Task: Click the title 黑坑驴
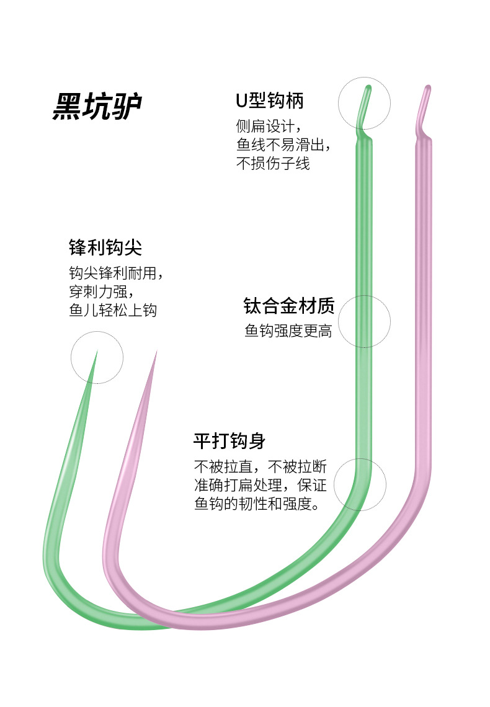point(97,106)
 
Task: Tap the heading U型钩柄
point(270,100)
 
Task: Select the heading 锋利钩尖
point(105,247)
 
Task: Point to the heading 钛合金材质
point(289,306)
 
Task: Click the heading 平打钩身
point(229,441)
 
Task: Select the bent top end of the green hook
point(368,87)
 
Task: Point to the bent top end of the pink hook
point(428,87)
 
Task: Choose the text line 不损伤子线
point(273,162)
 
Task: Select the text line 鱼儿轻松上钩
point(113,309)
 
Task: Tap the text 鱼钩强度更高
point(288,331)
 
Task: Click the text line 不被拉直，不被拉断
point(260,466)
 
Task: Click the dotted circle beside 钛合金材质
point(339,321)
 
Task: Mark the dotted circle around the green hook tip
point(71,358)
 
